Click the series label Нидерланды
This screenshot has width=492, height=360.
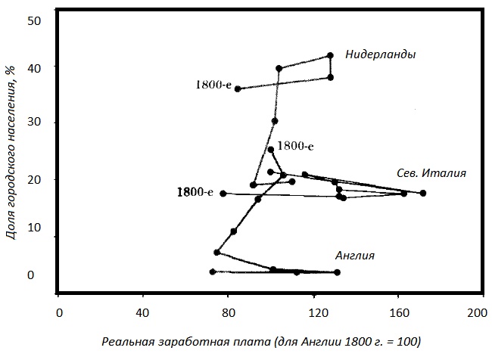pos(381,54)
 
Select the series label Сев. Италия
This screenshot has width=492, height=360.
pos(431,173)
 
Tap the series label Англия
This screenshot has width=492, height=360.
pos(355,256)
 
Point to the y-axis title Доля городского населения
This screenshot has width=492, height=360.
pos(10,151)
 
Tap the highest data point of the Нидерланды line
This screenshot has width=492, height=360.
pos(330,55)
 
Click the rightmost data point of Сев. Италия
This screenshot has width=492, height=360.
pos(423,193)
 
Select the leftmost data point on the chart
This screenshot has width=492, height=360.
pos(213,272)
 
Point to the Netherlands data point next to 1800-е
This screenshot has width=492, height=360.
pos(238,88)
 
